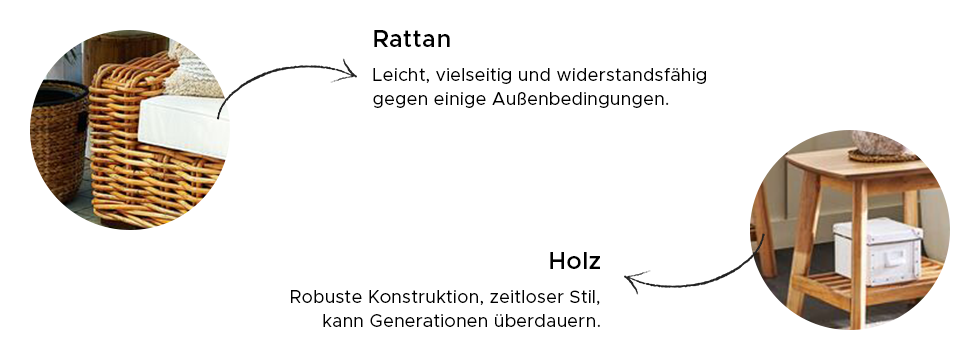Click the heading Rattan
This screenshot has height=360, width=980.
click(x=411, y=39)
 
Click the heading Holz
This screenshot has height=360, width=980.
click(x=574, y=261)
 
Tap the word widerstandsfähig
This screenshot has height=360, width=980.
click(x=631, y=75)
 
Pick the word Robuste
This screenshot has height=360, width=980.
click(x=326, y=297)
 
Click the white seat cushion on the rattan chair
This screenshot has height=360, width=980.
click(x=182, y=126)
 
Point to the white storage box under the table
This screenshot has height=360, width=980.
click(x=878, y=251)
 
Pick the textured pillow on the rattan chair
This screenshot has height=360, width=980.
click(x=194, y=76)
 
